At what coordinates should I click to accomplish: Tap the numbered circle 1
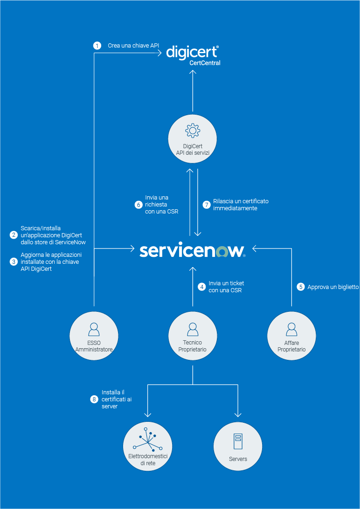pyautogui.click(x=97, y=46)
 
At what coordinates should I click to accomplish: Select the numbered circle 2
pyautogui.click(x=14, y=235)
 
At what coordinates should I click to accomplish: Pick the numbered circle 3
pyautogui.click(x=14, y=261)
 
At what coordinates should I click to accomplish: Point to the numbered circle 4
pyautogui.click(x=202, y=287)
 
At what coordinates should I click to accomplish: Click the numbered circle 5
pyautogui.click(x=301, y=287)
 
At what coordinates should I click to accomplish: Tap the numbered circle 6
pyautogui.click(x=138, y=204)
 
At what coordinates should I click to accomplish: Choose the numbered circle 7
pyautogui.click(x=207, y=204)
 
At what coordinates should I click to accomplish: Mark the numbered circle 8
pyautogui.click(x=94, y=399)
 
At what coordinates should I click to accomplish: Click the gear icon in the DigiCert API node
pyautogui.click(x=193, y=131)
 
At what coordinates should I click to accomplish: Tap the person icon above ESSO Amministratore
pyautogui.click(x=94, y=329)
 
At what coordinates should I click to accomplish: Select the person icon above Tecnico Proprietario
pyautogui.click(x=192, y=329)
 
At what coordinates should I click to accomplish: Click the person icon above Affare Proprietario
pyautogui.click(x=291, y=329)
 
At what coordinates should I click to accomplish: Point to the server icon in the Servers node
pyautogui.click(x=238, y=441)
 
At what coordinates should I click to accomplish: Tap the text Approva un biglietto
pyautogui.click(x=333, y=287)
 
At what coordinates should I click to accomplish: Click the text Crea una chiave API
pyautogui.click(x=133, y=46)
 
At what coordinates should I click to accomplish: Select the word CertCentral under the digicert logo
pyautogui.click(x=205, y=63)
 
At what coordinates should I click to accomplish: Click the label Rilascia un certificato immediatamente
pyautogui.click(x=241, y=205)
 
